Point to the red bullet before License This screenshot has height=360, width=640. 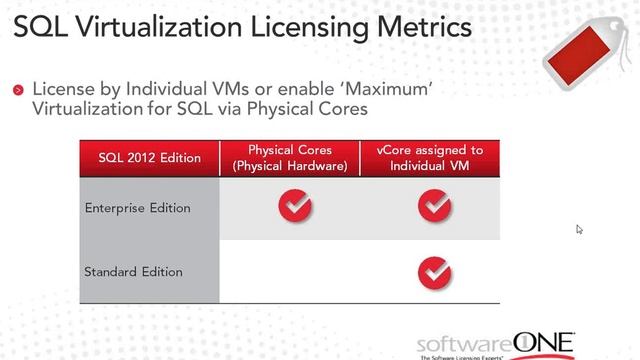click(x=18, y=91)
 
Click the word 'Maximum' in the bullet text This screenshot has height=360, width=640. click(x=400, y=89)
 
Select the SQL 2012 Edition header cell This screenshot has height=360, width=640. click(x=149, y=158)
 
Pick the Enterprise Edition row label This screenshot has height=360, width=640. click(x=137, y=208)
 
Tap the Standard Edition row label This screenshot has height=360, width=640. click(x=133, y=271)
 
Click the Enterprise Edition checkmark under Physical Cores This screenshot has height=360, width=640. click(x=295, y=207)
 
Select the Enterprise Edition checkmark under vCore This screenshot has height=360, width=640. click(x=433, y=207)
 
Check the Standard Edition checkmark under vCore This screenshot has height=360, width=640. click(x=433, y=270)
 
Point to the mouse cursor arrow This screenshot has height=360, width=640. click(x=579, y=229)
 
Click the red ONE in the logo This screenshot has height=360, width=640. click(x=543, y=340)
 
